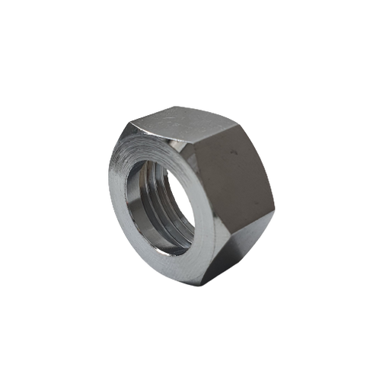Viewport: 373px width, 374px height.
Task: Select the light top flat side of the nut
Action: coord(179,122)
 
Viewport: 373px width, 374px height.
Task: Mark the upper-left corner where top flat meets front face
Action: coord(128,121)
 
